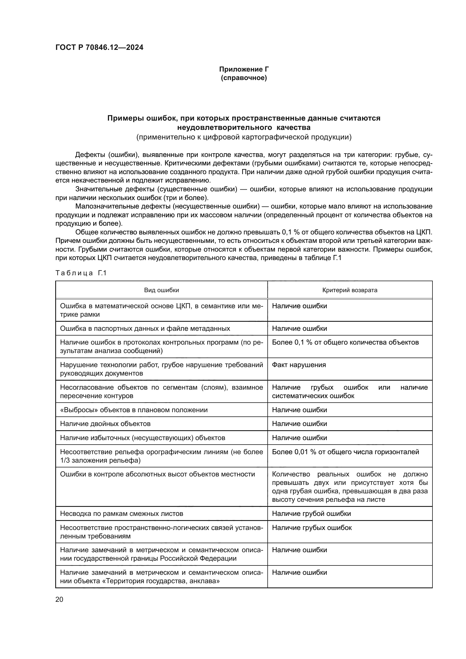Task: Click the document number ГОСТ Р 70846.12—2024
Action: [99, 48]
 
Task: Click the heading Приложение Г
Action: [244, 69]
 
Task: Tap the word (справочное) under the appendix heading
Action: [244, 78]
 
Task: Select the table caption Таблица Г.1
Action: [81, 273]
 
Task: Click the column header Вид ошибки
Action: [161, 290]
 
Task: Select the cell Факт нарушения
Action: [299, 365]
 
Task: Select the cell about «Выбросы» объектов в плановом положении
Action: [134, 410]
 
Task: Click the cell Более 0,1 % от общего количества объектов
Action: [345, 342]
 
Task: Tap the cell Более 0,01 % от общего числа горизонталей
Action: [345, 452]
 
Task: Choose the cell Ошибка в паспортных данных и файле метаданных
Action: [145, 328]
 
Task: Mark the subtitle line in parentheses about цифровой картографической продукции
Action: [244, 137]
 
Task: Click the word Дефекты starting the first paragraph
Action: [90, 155]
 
